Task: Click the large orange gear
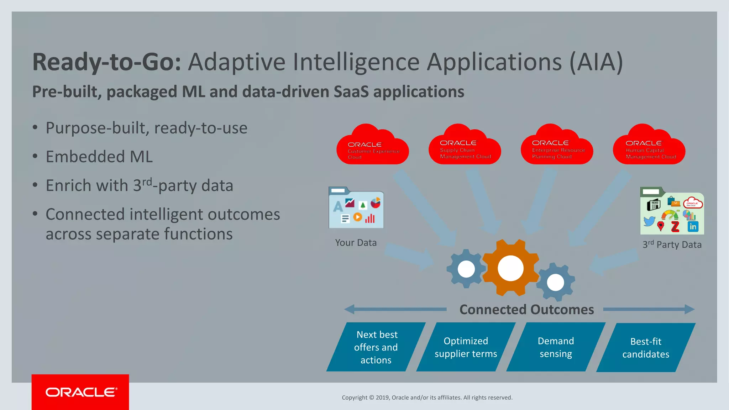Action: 510,268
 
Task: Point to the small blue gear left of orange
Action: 466,269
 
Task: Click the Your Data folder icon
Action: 356,208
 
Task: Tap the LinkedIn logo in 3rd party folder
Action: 693,227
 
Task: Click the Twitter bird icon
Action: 649,221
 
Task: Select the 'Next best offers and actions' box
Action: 376,347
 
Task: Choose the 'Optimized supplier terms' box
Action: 466,347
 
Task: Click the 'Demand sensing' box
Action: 556,347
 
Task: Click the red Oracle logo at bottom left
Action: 80,392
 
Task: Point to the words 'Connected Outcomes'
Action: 526,310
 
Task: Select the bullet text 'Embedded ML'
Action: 99,157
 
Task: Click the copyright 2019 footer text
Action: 427,398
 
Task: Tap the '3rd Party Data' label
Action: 672,245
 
